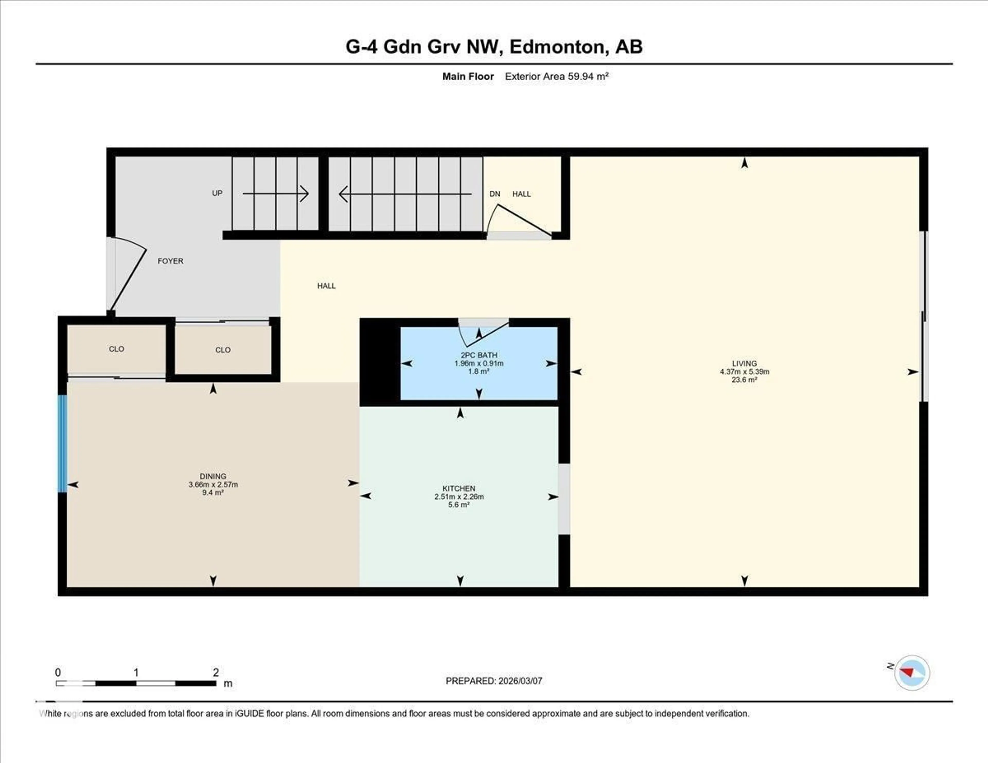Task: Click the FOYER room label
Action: (170, 261)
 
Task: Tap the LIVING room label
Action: (744, 363)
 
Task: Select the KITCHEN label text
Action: (459, 489)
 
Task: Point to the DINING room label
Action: (213, 476)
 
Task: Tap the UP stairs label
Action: (217, 193)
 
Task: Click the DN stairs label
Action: (495, 194)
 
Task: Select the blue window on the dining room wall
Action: (63, 443)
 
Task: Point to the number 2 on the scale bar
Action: (216, 672)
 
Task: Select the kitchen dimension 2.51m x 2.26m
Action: (459, 496)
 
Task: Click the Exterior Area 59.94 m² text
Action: (557, 76)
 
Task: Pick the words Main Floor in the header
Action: (468, 76)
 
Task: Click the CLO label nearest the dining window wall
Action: (116, 349)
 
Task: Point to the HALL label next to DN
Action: (521, 194)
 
